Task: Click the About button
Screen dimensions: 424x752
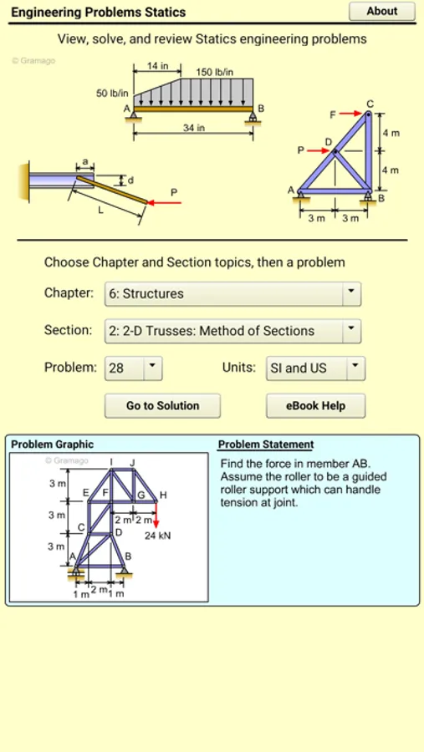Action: click(381, 11)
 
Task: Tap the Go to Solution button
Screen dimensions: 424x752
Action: click(162, 406)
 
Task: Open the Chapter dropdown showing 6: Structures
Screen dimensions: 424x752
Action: click(232, 294)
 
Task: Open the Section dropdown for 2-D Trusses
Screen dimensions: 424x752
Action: click(232, 331)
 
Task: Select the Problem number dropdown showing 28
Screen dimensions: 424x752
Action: click(134, 368)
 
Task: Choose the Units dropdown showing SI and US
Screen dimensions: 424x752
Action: click(315, 368)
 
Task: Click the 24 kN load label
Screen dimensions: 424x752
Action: click(158, 536)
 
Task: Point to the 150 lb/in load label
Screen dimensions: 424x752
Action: click(215, 73)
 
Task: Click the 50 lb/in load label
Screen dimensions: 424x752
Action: click(112, 93)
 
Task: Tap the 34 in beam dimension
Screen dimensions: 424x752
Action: click(193, 128)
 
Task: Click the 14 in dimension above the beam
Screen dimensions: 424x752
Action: click(157, 66)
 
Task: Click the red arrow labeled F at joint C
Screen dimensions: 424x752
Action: click(350, 114)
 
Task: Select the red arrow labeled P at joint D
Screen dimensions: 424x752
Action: click(318, 150)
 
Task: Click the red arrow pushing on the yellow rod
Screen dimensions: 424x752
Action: click(164, 203)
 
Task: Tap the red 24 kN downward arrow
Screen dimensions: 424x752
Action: click(156, 515)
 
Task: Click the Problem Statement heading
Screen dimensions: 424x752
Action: click(266, 445)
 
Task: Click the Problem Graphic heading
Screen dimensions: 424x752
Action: click(53, 445)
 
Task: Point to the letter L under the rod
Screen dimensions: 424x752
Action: click(100, 211)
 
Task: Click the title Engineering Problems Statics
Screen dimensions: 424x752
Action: click(99, 12)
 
